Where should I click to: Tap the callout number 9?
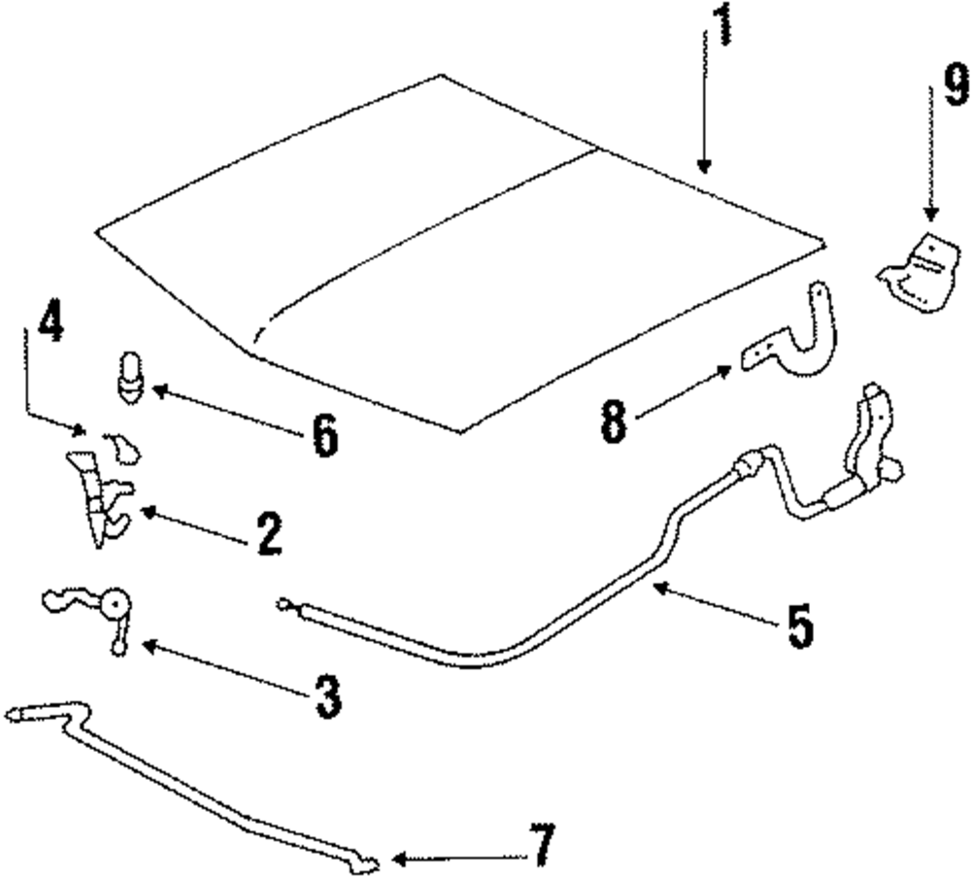click(x=955, y=85)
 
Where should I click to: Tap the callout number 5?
click(x=798, y=626)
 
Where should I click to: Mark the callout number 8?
click(x=614, y=424)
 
